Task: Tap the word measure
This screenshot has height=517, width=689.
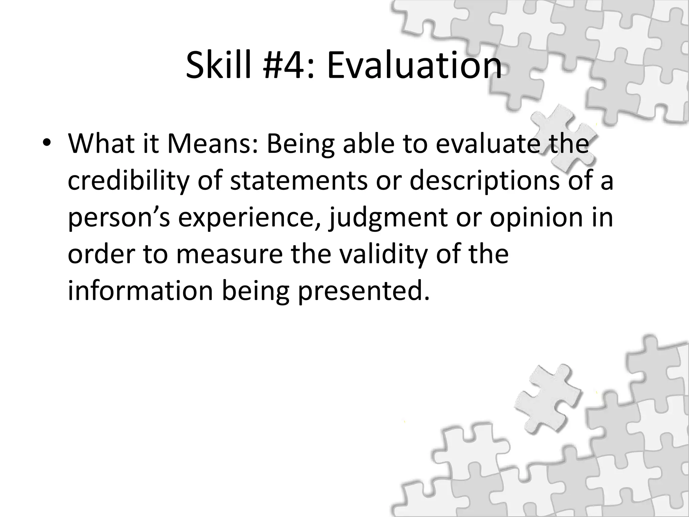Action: (229, 254)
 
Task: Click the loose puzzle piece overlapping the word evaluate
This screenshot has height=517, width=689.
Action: (552, 141)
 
